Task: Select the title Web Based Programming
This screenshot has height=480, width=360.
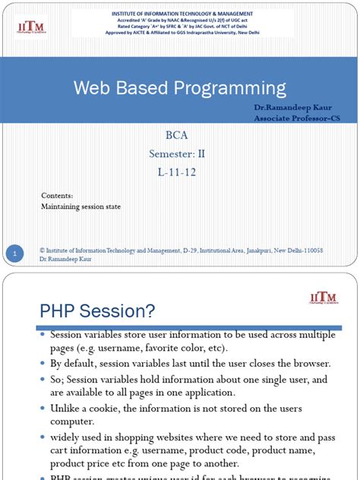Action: coord(179,87)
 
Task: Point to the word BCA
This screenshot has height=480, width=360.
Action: coord(178,137)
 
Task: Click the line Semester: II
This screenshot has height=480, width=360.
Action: coord(178,154)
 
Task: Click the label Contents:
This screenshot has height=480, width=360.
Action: coord(57,195)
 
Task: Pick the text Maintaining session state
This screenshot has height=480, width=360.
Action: coord(81,206)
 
